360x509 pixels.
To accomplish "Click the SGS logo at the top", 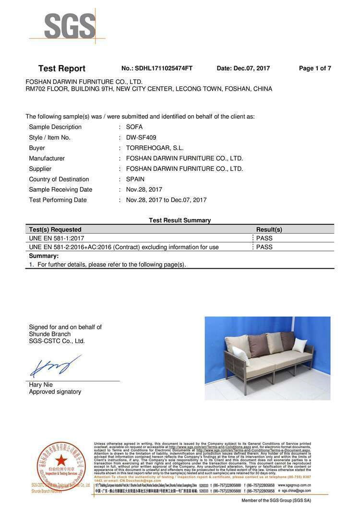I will (70, 26).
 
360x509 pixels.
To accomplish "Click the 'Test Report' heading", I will (61, 69).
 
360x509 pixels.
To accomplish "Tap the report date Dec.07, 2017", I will (252, 69).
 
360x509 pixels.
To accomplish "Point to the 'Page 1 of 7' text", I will (315, 69).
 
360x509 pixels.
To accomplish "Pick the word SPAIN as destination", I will (135, 179).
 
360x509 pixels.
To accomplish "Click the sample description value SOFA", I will (134, 127).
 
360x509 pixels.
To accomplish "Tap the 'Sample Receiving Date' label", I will (60, 189).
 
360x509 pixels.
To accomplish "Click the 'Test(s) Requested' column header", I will (55, 230).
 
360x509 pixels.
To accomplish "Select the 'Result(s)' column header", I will (269, 230).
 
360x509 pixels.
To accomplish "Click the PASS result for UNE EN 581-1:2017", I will (264, 238).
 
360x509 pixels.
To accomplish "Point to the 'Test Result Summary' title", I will (180, 221).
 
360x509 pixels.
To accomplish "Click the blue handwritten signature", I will (54, 367).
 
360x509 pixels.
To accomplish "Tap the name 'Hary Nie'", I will (41, 385).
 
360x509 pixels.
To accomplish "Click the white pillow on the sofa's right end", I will (300, 345).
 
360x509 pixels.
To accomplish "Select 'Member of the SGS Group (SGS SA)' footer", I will (276, 500).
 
